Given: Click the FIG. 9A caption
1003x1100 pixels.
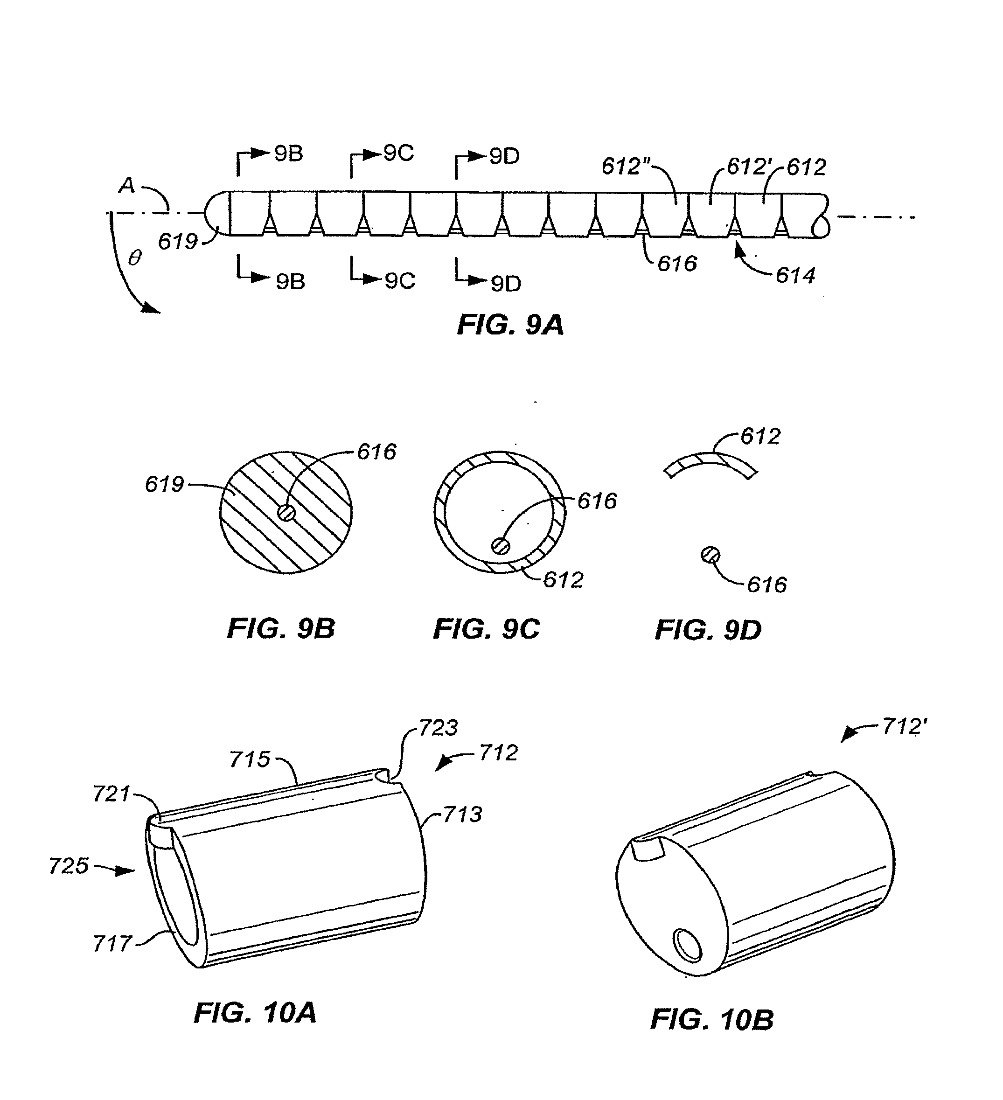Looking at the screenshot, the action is point(510,325).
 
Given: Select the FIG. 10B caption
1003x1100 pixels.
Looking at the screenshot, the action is point(712,1019).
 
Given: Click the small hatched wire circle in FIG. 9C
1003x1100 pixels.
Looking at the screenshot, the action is point(501,546).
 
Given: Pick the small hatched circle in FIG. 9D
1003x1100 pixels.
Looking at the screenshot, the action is point(710,556).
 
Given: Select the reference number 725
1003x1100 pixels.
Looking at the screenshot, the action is point(69,866).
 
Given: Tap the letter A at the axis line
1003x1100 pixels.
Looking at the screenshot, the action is point(126,186).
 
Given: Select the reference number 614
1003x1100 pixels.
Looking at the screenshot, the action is point(795,276).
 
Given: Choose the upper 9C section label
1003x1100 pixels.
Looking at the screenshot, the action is point(399,154).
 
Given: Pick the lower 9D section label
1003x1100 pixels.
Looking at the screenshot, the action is point(506,284).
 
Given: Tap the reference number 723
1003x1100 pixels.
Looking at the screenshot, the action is point(438,728).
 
